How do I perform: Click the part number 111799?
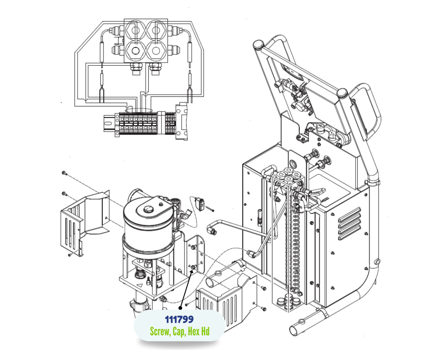[x=179, y=319]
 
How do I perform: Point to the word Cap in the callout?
[x=178, y=332]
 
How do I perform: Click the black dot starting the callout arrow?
[x=180, y=308]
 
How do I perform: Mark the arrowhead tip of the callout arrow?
[x=193, y=270]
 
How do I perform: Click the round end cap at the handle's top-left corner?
[x=258, y=44]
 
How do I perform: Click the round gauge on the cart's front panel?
[x=293, y=164]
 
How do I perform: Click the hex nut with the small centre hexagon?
[x=135, y=51]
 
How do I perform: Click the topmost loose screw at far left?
[x=64, y=173]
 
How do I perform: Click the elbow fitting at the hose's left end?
[x=212, y=229]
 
